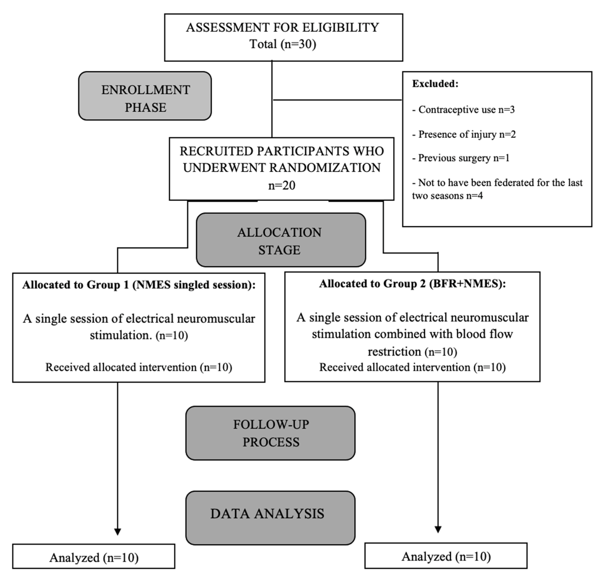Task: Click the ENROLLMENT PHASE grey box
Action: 145,96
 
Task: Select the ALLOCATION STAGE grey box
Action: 281,240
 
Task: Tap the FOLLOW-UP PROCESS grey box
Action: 270,433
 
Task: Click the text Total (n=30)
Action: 283,44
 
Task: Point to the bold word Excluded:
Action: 435,84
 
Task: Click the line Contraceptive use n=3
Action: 464,109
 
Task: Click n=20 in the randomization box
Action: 281,185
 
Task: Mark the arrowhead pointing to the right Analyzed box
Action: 438,530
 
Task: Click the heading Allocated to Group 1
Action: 139,285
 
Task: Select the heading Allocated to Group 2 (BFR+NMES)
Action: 412,284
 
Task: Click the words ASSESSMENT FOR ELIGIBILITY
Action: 283,27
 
